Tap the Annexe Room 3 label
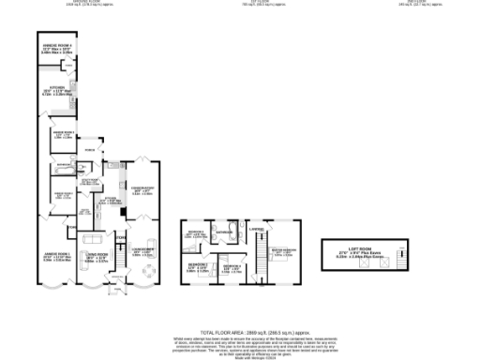tap(63, 134)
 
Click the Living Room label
tap(97, 254)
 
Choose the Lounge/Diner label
tap(142, 249)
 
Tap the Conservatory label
tap(142, 187)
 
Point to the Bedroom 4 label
tap(196, 232)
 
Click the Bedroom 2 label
tap(197, 266)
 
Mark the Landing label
tap(256, 224)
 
